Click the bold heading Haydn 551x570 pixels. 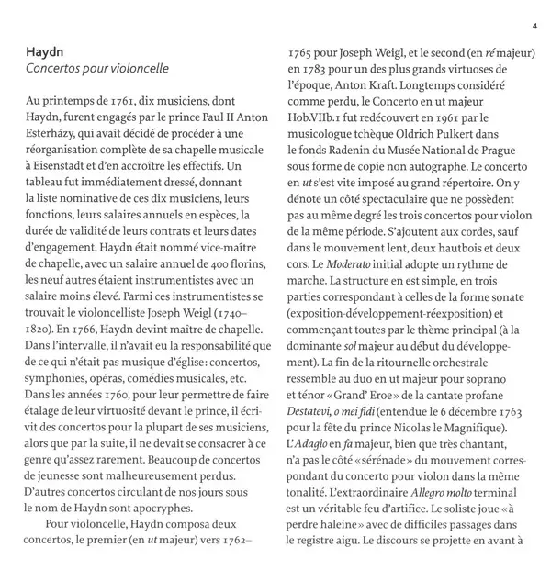click(x=44, y=51)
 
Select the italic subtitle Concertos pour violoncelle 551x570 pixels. click(x=97, y=69)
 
